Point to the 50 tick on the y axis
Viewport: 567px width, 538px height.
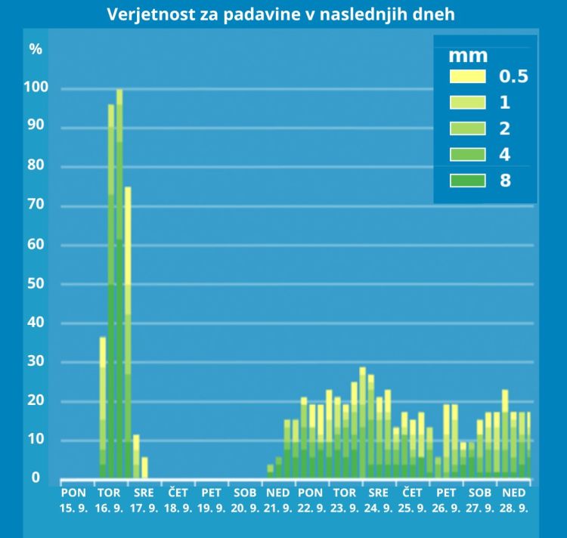coord(36,284)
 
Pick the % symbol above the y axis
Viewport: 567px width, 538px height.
coord(36,49)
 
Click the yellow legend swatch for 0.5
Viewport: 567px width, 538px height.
coord(466,76)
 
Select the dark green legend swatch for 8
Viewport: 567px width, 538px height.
coord(466,180)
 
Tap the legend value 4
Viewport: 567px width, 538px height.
coord(504,154)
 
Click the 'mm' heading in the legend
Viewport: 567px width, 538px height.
coord(468,55)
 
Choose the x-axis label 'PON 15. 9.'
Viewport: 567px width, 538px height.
coord(73,499)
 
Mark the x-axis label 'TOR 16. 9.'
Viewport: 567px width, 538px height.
coord(110,499)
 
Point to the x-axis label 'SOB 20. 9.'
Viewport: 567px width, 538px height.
coord(246,499)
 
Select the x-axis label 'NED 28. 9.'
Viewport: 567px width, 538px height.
coord(513,499)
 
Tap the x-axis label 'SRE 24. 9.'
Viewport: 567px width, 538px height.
coord(379,499)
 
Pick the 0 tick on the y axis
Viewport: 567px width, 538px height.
coord(36,478)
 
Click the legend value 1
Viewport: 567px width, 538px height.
coord(504,102)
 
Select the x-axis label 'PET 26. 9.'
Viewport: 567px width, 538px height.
coord(446,499)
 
